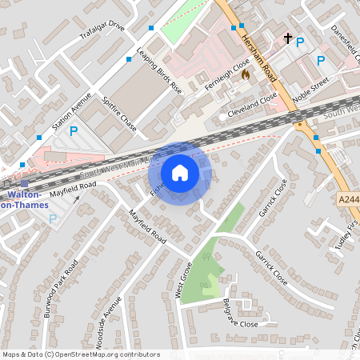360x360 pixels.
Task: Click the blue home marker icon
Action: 180,173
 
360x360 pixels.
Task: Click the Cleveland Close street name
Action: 253,102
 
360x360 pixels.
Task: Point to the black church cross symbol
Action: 288,38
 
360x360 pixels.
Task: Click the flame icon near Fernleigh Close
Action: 246,74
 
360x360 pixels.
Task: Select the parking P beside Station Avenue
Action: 74,131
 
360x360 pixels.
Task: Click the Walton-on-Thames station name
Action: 26,200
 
